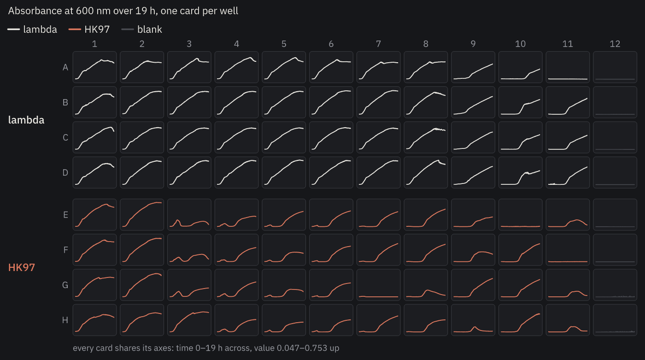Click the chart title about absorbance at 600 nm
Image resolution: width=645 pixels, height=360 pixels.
(123, 11)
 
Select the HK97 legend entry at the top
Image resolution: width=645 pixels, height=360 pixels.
(89, 30)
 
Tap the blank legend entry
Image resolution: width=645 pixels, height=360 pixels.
(142, 30)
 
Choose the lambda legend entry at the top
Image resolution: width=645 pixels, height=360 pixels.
(32, 30)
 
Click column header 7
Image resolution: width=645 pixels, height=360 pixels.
(378, 44)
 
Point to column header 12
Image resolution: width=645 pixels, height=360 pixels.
(615, 44)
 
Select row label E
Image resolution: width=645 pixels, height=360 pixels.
(65, 215)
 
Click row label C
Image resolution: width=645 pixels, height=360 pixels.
(65, 138)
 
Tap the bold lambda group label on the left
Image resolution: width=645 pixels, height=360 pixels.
(26, 120)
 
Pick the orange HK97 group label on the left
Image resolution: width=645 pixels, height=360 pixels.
(22, 267)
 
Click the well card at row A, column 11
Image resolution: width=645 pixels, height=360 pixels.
(568, 67)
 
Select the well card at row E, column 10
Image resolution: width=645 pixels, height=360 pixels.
(520, 214)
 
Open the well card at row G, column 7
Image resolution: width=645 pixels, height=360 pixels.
(378, 285)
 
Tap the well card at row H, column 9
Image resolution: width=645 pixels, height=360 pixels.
(473, 320)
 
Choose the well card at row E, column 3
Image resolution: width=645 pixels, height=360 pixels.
(189, 214)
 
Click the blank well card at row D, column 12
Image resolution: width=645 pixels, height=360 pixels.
(615, 172)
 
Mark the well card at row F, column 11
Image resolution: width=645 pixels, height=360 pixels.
(568, 250)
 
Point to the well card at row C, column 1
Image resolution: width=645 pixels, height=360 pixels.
(94, 137)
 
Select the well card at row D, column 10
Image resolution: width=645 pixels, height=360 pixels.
(520, 172)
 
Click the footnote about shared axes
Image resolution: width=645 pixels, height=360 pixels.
(206, 348)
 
